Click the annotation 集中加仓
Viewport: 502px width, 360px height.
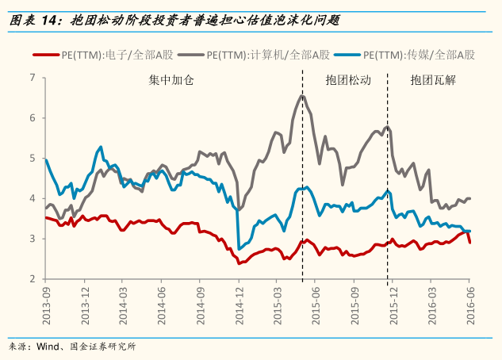(x=171, y=81)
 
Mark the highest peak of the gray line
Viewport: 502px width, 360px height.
(x=302, y=95)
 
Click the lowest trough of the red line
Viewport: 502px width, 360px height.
(x=240, y=262)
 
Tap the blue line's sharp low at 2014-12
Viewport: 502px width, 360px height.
(x=240, y=249)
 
